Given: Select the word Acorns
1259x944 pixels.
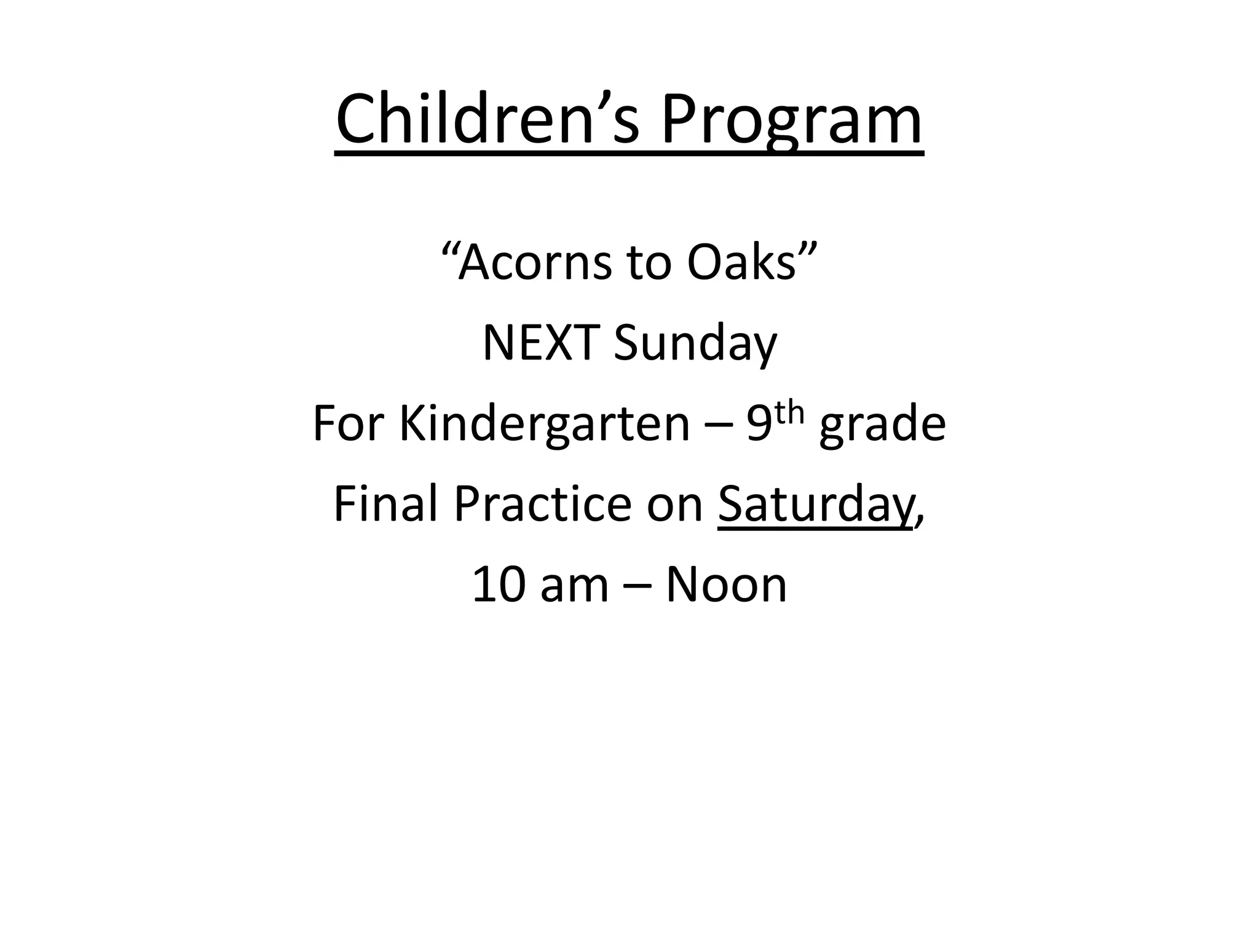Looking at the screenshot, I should [x=534, y=262].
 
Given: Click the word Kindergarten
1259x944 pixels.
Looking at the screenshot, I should [x=545, y=425].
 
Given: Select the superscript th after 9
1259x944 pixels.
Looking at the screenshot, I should [x=789, y=413].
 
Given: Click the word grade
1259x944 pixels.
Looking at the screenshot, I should [x=882, y=425].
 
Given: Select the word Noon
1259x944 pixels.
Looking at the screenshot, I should [x=726, y=584].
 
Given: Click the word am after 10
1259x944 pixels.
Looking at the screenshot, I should [x=574, y=586].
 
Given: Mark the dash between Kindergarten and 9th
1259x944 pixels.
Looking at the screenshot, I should [x=718, y=426].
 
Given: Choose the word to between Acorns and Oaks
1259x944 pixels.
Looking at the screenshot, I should [x=649, y=263].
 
